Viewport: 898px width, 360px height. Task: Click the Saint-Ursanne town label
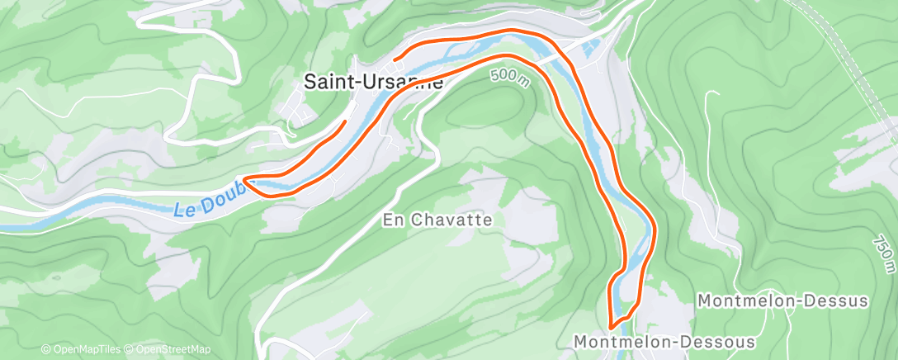[373, 83]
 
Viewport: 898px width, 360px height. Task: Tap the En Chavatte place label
[437, 220]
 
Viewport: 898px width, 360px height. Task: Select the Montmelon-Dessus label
[782, 301]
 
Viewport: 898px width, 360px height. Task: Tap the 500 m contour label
[508, 75]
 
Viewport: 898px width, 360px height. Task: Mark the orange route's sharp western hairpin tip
[245, 177]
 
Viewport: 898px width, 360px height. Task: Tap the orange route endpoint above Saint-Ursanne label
[395, 59]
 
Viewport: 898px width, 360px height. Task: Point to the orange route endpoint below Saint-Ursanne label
[344, 121]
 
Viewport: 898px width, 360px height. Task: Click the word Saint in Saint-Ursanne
[324, 83]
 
